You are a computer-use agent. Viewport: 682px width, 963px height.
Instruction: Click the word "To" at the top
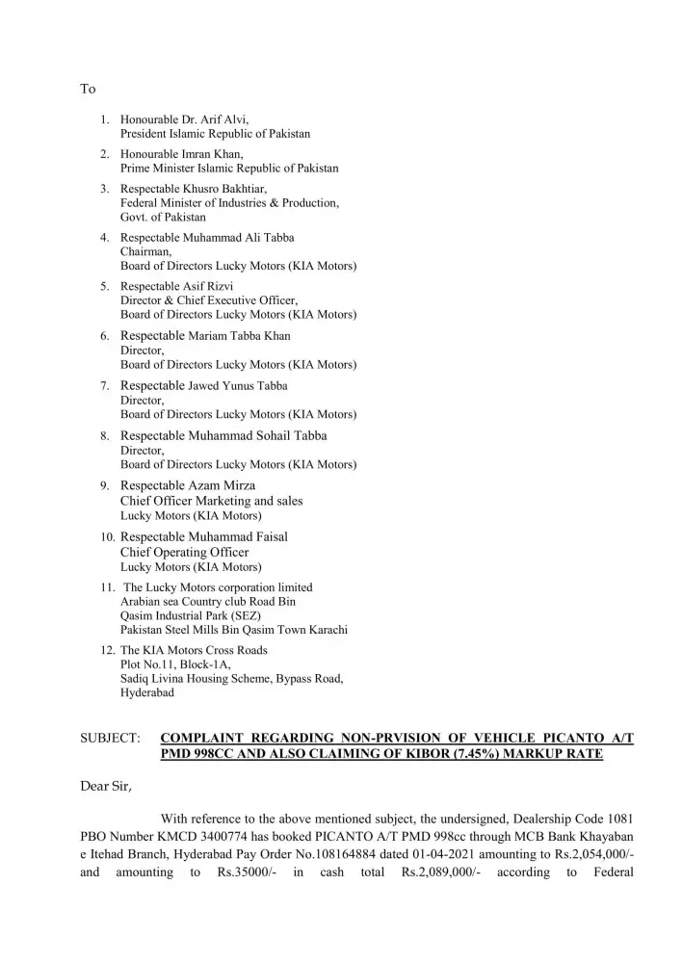(x=88, y=89)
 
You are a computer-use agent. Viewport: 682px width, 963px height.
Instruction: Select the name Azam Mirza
(x=223, y=485)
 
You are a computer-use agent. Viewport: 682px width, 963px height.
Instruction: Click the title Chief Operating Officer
(x=184, y=552)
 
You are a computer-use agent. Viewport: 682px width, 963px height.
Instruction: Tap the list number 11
(x=108, y=586)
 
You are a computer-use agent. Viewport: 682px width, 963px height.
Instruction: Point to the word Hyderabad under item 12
(x=147, y=692)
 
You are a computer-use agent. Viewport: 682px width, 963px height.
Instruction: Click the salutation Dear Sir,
(x=105, y=786)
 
